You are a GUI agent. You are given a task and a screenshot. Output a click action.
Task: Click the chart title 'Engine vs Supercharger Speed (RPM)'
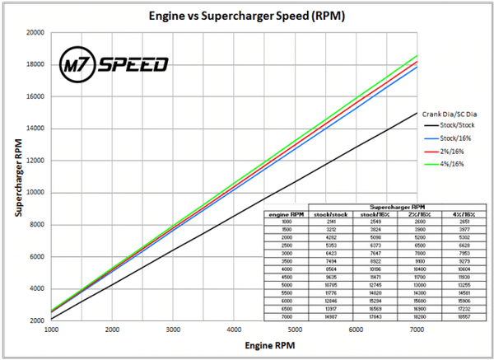point(247,16)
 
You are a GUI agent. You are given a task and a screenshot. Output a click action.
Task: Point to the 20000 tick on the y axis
point(35,33)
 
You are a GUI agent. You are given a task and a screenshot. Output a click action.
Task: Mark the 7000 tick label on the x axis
point(417,330)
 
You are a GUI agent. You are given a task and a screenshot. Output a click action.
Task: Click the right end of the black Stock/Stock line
point(417,113)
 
